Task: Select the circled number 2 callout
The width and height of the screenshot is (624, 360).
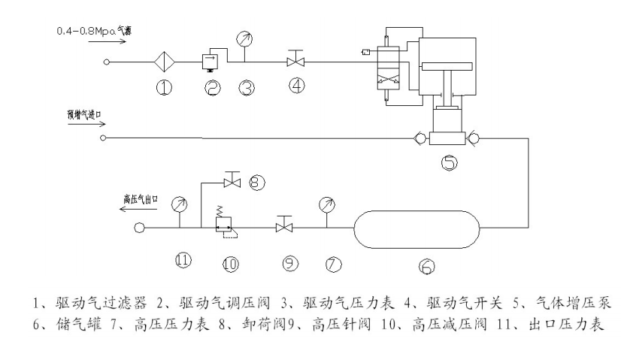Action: (212, 89)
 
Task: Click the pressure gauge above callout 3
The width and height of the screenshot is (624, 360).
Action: (244, 38)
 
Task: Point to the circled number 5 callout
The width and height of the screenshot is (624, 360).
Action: (448, 162)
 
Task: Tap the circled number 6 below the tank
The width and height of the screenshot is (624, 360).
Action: (426, 265)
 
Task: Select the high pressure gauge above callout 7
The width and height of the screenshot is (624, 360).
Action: (326, 204)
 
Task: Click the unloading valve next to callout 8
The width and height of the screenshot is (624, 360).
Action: (232, 180)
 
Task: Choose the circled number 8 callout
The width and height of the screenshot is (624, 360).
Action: (256, 182)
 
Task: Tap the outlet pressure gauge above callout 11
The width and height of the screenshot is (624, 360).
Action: (178, 204)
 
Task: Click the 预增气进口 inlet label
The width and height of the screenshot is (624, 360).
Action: (85, 114)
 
